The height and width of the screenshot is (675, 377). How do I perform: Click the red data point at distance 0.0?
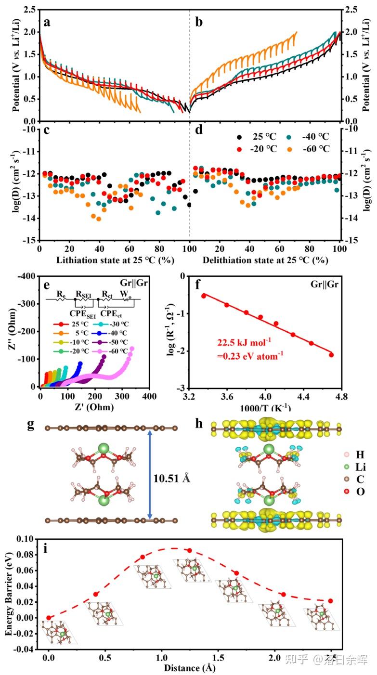coord(49,618)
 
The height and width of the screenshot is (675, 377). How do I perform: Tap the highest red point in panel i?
coord(189,550)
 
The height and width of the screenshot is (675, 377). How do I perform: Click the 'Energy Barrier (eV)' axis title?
coord(9,594)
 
